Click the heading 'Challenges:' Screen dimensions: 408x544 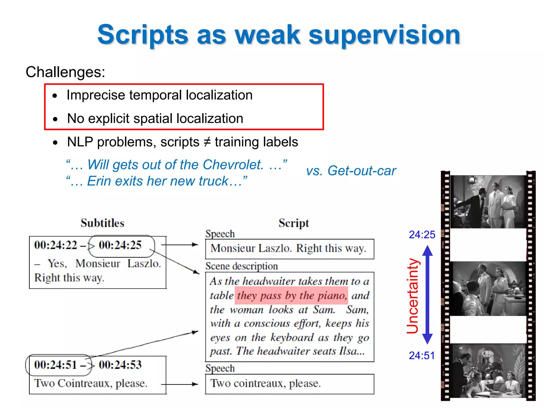[x=65, y=72]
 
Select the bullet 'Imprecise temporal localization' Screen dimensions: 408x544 [x=159, y=95]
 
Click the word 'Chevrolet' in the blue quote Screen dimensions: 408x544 [x=233, y=165]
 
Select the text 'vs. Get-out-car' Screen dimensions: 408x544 [x=351, y=171]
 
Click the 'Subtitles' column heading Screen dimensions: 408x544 [x=103, y=223]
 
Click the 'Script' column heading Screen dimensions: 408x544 [x=294, y=223]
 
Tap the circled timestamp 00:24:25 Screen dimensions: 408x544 [x=120, y=245]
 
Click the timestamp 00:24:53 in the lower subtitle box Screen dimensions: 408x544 [x=120, y=365]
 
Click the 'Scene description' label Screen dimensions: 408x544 [x=241, y=266]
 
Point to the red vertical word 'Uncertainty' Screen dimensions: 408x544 [x=413, y=296]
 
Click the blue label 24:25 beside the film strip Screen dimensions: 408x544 [x=422, y=235]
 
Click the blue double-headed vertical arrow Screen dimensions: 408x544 [x=427, y=295]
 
